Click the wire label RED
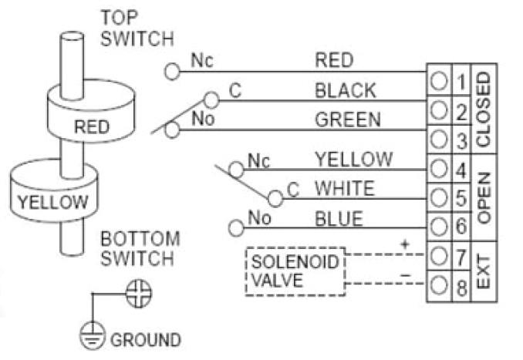tap(334, 59)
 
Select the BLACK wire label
tap(345, 90)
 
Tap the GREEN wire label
tap(347, 119)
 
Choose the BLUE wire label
tap(338, 219)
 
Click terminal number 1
tap(461, 81)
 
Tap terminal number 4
tap(461, 167)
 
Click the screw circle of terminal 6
tap(438, 227)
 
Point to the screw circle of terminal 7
tap(438, 254)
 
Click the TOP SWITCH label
tap(137, 28)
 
